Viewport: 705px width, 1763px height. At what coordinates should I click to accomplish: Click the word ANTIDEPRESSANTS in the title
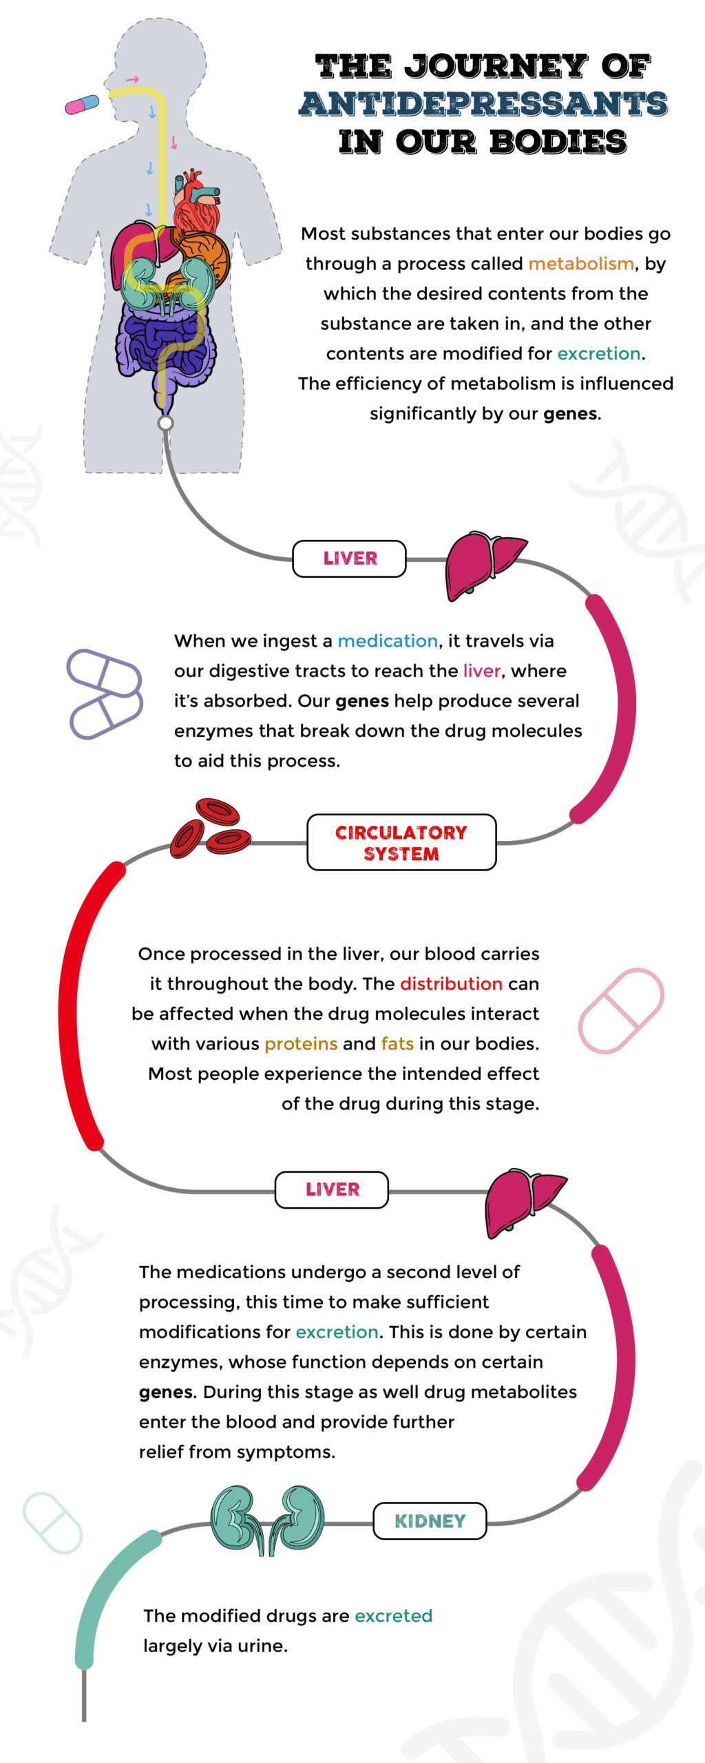(x=483, y=104)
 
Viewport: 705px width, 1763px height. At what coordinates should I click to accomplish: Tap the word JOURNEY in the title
(x=496, y=66)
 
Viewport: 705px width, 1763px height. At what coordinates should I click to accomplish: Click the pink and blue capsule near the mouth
(x=82, y=105)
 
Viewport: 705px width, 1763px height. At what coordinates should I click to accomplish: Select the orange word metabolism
(x=581, y=264)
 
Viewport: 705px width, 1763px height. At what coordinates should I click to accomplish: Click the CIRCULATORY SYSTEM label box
(x=401, y=842)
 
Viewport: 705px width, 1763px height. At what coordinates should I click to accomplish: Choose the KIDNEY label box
(x=430, y=1521)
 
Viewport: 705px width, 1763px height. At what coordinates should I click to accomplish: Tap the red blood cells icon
(x=211, y=827)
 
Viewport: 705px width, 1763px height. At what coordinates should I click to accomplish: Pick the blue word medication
(x=388, y=641)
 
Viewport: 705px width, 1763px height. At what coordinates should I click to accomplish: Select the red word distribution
(x=451, y=983)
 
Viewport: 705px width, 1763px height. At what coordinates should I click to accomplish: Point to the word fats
(x=397, y=1043)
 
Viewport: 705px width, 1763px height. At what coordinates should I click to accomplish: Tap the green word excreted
(x=393, y=1616)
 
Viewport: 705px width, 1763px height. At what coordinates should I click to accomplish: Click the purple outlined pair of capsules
(x=105, y=694)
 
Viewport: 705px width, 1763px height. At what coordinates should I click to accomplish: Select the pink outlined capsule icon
(x=621, y=1010)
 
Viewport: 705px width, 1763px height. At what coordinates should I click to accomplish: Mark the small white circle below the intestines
(x=165, y=422)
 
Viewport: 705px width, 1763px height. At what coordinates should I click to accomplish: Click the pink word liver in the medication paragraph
(x=481, y=671)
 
